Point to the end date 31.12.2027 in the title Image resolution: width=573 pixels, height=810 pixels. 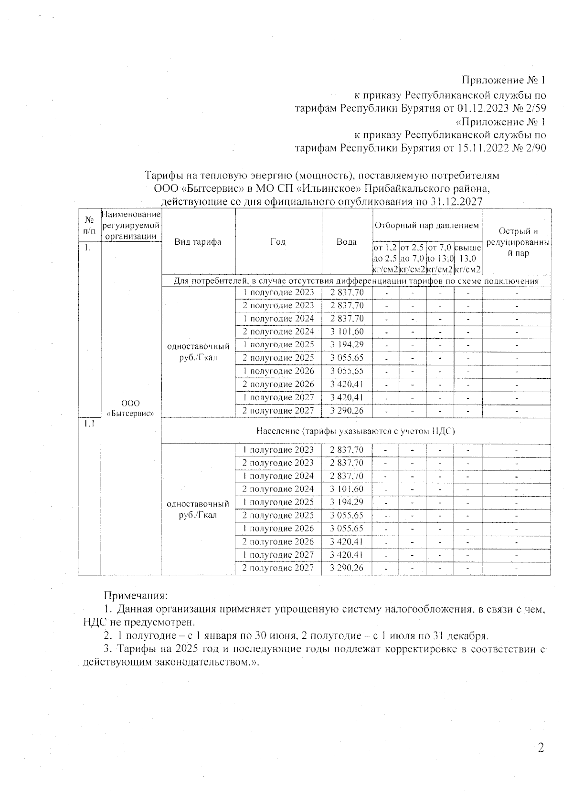click(x=456, y=202)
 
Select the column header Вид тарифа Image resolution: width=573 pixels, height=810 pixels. click(x=198, y=242)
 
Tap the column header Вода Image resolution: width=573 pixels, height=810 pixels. click(x=347, y=242)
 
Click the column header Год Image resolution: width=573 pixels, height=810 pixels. click(x=278, y=242)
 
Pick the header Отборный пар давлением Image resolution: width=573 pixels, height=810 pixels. click(x=427, y=225)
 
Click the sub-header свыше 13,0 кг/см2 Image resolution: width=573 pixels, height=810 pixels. click(x=467, y=259)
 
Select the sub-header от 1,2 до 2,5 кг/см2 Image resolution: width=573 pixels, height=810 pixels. click(x=385, y=259)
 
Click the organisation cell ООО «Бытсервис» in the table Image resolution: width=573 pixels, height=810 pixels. click(x=130, y=408)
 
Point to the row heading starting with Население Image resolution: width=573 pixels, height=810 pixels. click(x=355, y=431)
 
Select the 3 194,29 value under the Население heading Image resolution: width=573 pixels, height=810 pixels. click(x=347, y=502)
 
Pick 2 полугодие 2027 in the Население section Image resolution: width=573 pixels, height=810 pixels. click(x=278, y=568)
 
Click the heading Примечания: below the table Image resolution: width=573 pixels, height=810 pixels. click(x=136, y=596)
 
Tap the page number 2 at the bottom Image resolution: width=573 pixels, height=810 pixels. click(x=541, y=748)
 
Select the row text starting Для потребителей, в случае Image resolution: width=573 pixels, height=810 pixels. click(x=356, y=281)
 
